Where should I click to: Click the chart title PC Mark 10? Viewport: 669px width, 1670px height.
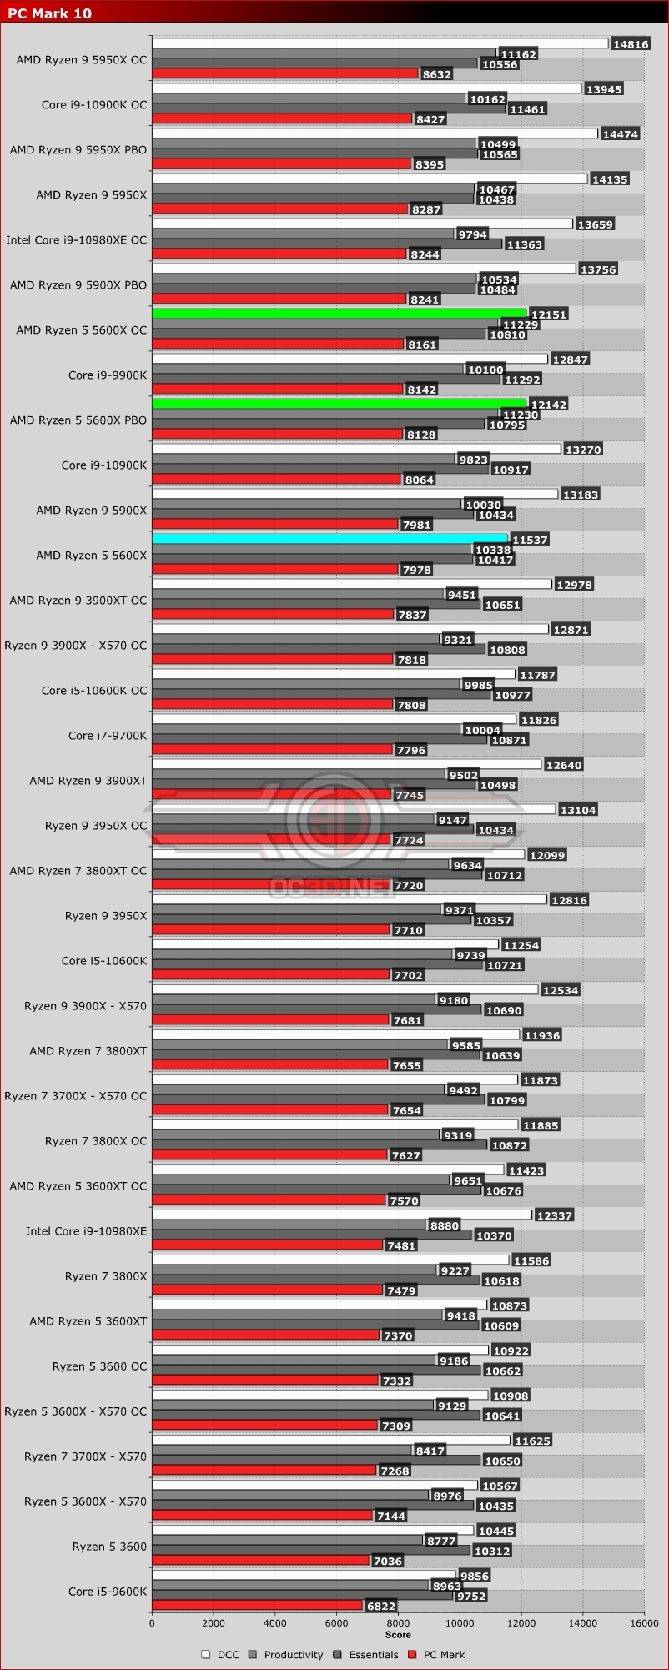coord(50,13)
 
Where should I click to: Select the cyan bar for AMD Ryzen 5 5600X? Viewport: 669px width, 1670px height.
coord(329,538)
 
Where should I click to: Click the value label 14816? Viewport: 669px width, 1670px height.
coord(630,44)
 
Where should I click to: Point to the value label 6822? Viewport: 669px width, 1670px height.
coord(381,1606)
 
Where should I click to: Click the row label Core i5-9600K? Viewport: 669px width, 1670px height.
coord(108,1591)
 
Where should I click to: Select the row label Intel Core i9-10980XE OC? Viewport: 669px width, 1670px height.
coord(76,239)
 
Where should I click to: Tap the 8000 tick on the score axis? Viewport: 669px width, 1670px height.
coord(398,1622)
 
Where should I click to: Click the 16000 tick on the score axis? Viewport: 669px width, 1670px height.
coord(643,1622)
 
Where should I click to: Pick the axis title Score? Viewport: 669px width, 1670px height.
coord(398,1634)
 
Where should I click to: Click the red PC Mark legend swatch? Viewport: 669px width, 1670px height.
coord(412,1654)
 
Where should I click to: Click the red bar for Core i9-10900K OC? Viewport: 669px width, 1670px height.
coord(282,118)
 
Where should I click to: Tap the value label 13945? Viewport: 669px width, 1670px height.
coord(604,89)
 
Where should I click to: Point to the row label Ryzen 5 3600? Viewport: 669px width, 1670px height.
coord(109,1546)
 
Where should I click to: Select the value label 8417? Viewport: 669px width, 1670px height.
coord(430,1451)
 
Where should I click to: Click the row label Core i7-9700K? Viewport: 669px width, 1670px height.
coord(108,735)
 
